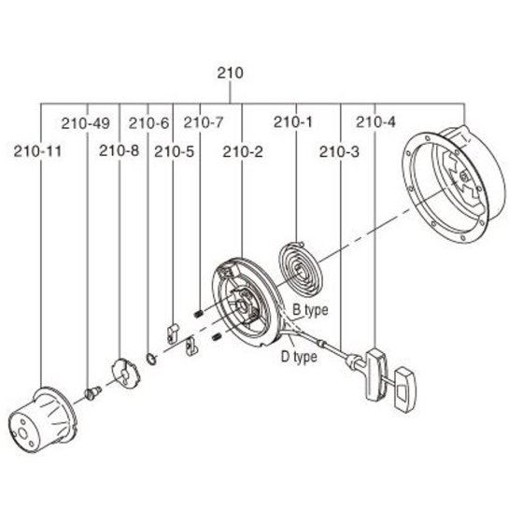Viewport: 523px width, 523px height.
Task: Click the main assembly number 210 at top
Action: (230, 73)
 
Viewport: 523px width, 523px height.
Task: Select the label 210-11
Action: (37, 151)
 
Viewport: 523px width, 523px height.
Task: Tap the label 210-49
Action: (85, 123)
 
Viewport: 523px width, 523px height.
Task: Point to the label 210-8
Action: (119, 150)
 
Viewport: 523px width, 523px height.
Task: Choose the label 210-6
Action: (149, 123)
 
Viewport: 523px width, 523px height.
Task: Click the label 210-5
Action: (174, 152)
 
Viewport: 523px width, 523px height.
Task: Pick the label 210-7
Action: (204, 122)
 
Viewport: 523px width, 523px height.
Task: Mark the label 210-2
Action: (243, 152)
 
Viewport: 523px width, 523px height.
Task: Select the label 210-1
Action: (293, 122)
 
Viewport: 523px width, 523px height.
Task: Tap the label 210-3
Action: (339, 152)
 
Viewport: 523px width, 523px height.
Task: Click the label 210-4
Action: (375, 122)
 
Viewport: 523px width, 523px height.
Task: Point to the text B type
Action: (310, 310)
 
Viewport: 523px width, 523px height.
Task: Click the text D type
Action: (299, 357)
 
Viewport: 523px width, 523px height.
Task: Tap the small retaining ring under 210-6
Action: (151, 359)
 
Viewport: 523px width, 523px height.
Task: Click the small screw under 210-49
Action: (92, 392)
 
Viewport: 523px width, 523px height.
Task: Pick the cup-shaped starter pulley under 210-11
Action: (42, 420)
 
